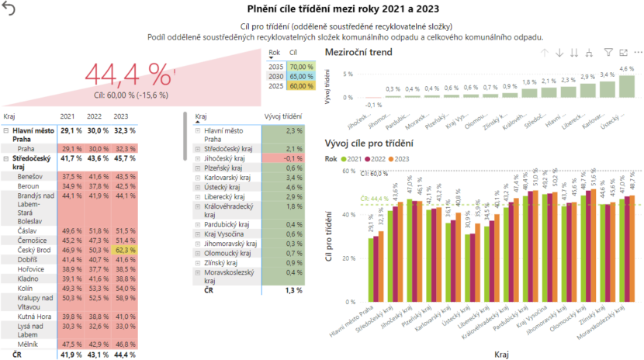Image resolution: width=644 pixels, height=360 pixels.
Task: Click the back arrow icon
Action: point(9,9)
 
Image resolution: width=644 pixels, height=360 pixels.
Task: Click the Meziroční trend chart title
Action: point(359,52)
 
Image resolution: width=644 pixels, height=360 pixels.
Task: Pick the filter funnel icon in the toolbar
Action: point(608,53)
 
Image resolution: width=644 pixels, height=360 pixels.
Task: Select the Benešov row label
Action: point(30,177)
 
